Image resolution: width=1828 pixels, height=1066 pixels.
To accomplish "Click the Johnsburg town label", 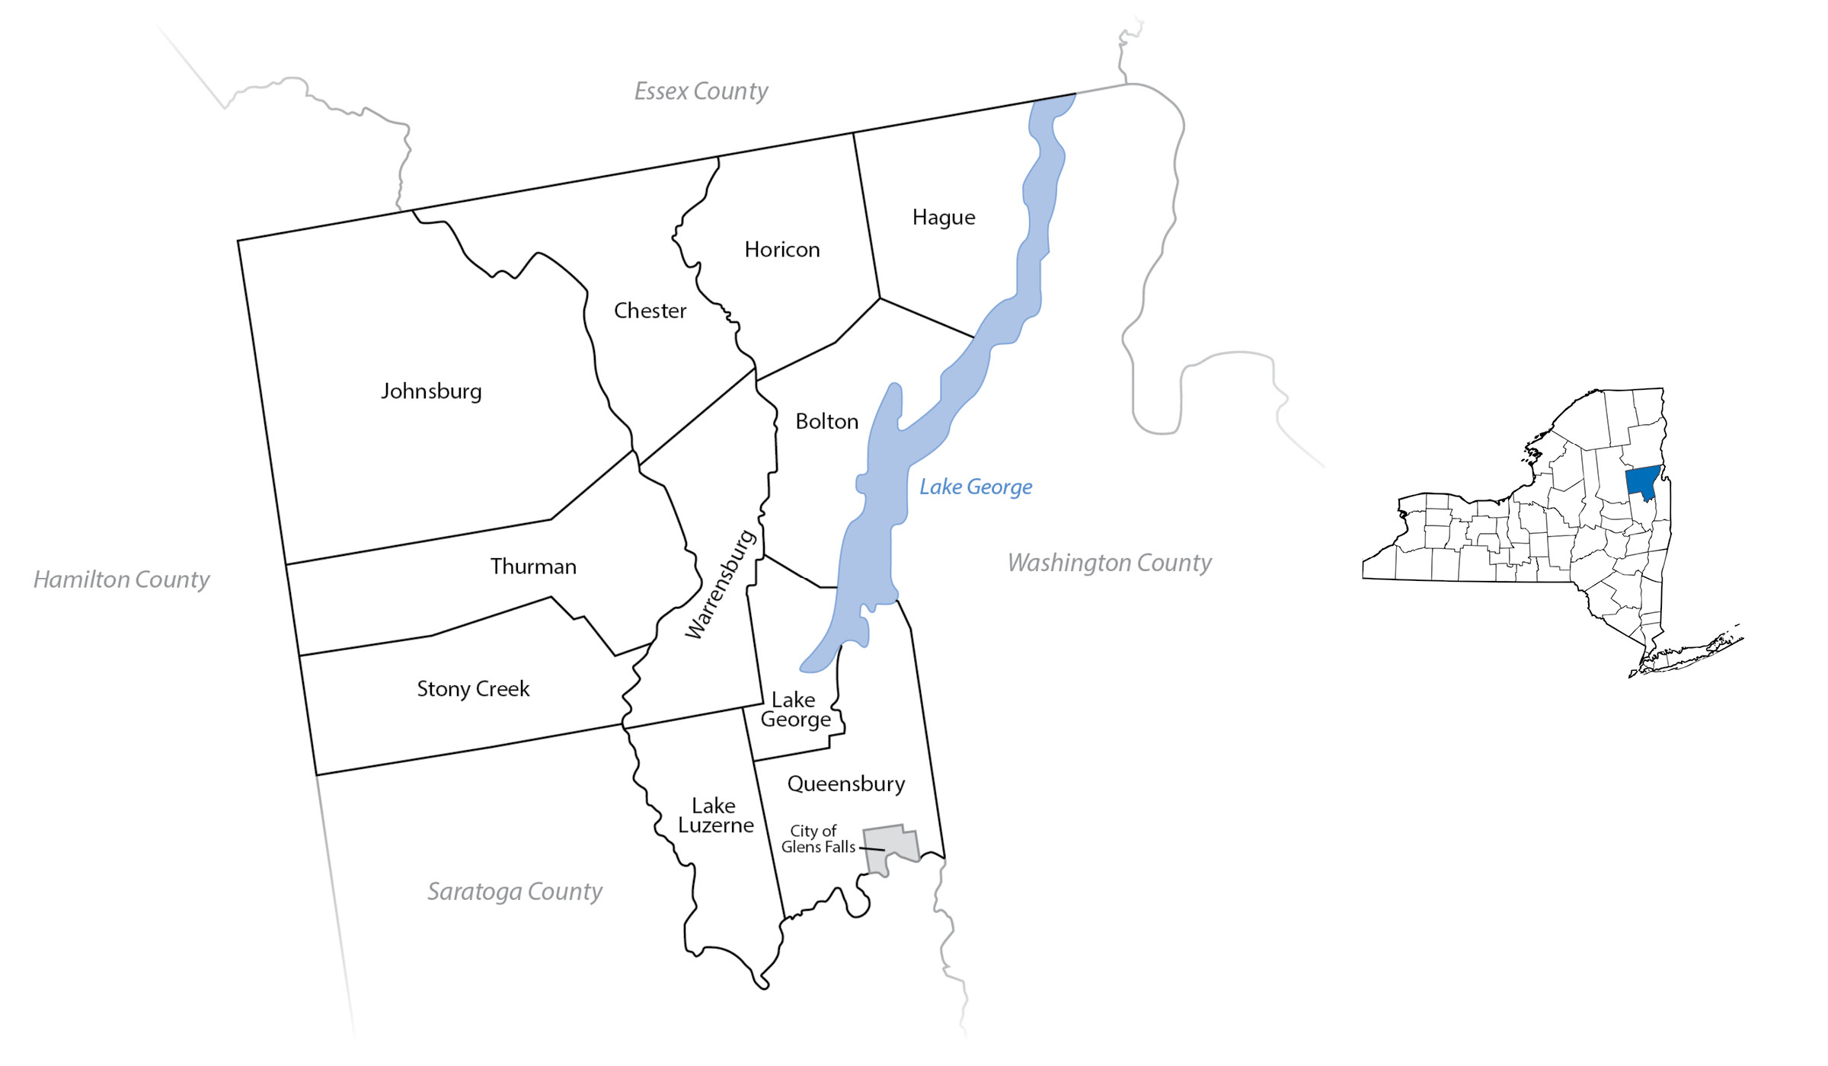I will pos(431,391).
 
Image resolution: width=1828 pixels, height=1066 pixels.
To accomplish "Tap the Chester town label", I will pos(650,311).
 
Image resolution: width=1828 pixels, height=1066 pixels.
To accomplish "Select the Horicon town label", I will pos(782,250).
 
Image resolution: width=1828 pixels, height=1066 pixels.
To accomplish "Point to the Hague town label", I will pos(944,218).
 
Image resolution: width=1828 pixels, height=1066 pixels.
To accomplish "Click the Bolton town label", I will pos(826,422).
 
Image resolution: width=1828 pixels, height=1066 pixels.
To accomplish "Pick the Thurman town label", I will pos(533,567).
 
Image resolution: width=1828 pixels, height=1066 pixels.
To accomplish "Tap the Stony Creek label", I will pos(473,689).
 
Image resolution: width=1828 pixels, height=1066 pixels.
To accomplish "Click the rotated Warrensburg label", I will pos(721,584).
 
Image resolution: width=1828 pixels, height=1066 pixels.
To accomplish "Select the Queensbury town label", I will pos(846,784).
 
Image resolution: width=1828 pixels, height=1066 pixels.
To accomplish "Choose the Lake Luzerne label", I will pos(715,815).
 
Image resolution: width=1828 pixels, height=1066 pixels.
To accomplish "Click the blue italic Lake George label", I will pos(976,487).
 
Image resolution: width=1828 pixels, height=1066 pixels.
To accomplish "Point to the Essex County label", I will pos(701,91).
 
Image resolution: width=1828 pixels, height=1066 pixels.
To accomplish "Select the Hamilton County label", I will pos(121,580).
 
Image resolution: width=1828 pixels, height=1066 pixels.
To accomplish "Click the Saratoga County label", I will pos(514,892).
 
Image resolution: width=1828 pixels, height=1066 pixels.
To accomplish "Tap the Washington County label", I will pos(1109,563).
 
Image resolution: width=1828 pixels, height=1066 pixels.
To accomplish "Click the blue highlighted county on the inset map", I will pos(1642,482).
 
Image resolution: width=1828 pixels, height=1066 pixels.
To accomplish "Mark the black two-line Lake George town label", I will pos(795,710).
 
